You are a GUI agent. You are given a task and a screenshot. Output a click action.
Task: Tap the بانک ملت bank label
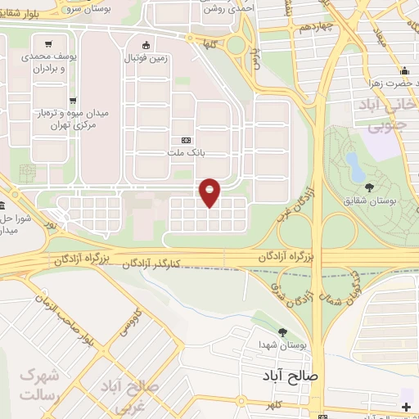tap(185, 151)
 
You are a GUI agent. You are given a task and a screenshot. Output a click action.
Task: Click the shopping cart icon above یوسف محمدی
tap(50, 45)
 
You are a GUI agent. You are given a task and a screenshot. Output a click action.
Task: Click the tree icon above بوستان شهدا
tap(282, 332)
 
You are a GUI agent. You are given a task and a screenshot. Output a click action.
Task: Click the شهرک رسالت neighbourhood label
tap(38, 385)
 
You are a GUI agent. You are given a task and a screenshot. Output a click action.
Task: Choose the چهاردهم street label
tap(295, 27)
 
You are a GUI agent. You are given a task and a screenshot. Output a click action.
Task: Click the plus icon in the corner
tap(407, 406)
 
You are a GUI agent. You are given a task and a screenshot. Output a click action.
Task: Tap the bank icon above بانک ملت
tap(185, 139)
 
